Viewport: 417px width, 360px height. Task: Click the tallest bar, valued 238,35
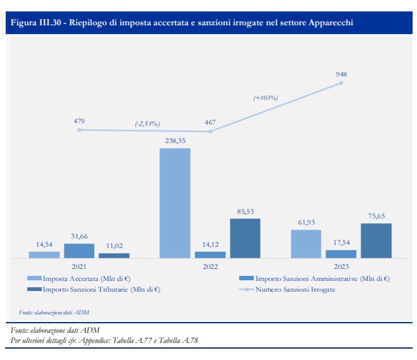[x=175, y=203]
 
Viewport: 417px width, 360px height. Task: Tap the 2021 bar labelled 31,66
[x=79, y=251]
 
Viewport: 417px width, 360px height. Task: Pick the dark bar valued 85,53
[x=245, y=238]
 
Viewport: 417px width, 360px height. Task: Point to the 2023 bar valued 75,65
[x=376, y=240]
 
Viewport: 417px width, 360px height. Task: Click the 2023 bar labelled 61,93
[x=306, y=244]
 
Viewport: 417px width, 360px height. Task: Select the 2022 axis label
[x=209, y=267]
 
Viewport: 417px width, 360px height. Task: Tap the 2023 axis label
[x=341, y=267]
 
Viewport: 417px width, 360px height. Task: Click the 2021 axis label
[x=78, y=267]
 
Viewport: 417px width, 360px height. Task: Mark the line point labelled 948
[x=342, y=83]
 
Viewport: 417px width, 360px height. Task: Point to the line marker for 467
[x=210, y=132]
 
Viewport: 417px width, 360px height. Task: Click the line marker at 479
[x=79, y=130]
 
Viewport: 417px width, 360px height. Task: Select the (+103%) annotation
[x=266, y=98]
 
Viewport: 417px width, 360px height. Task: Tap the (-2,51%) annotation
[x=147, y=124]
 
